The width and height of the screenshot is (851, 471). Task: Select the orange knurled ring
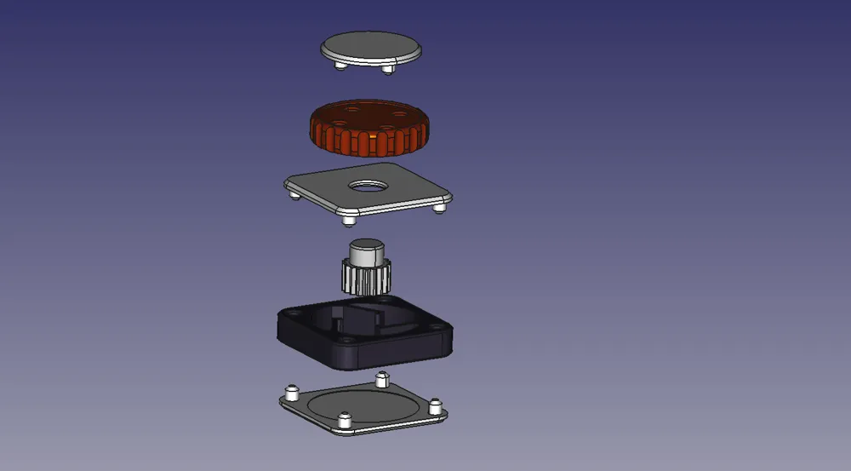tap(369, 141)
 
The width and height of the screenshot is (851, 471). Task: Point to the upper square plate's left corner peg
tap(294, 195)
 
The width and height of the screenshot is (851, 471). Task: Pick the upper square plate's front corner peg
tap(347, 220)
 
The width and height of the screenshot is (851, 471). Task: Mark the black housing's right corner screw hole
tap(439, 325)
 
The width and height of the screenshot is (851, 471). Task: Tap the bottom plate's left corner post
tap(290, 393)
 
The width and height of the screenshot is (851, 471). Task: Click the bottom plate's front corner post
tap(345, 421)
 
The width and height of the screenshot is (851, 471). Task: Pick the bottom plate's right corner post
tap(437, 405)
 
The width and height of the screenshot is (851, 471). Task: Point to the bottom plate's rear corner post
tap(381, 377)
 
